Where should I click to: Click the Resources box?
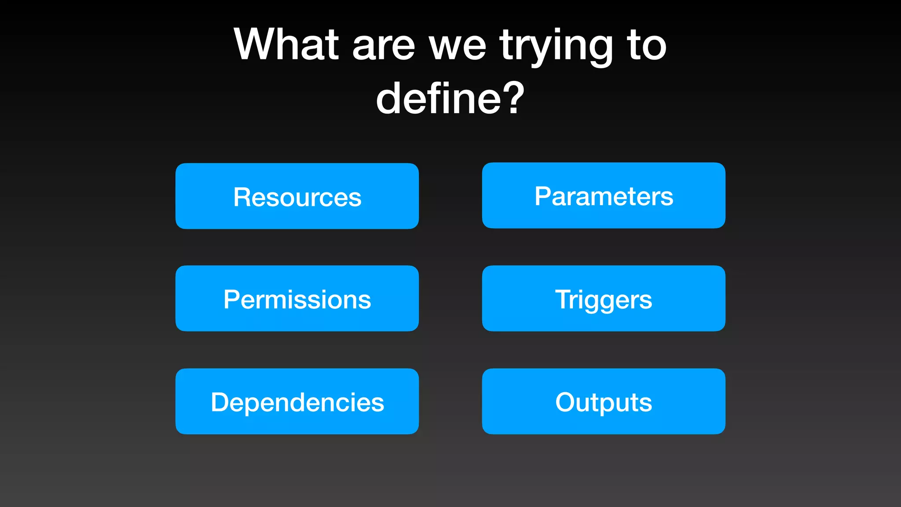pos(297,196)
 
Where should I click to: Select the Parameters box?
pos(604,195)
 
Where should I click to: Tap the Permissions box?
pos(297,299)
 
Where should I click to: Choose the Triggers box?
pos(604,299)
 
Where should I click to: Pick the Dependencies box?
pos(297,402)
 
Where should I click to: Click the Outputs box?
pos(604,402)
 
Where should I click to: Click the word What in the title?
pos(286,44)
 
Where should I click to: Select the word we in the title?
pos(458,48)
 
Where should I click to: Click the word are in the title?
pos(383,48)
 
